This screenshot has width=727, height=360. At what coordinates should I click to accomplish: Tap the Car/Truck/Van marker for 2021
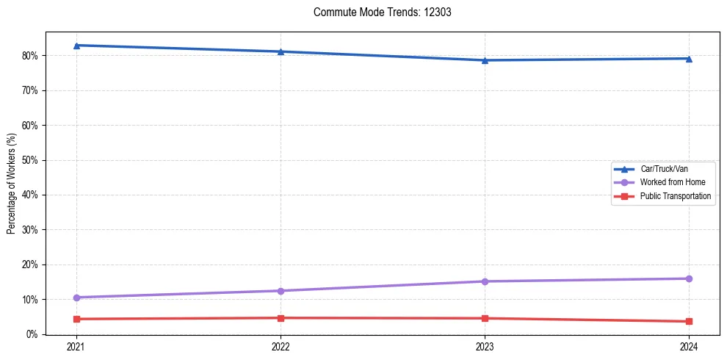(x=76, y=46)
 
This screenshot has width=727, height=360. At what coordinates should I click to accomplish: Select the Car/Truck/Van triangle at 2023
(x=485, y=60)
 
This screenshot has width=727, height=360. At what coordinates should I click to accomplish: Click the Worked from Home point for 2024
(x=689, y=278)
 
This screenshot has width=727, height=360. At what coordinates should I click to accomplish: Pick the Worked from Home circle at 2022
(x=281, y=291)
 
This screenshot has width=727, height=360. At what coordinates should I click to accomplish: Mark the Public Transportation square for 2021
(x=76, y=319)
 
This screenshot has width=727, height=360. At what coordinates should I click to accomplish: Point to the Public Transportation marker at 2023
(x=485, y=318)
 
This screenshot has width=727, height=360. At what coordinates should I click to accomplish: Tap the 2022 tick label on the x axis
(x=281, y=346)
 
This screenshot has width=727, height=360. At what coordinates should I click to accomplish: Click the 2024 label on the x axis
(x=689, y=346)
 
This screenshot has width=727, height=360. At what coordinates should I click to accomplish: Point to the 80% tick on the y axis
(x=32, y=56)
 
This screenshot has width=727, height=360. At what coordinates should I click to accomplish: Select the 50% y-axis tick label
(x=32, y=160)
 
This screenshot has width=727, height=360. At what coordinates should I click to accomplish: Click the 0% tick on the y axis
(x=34, y=334)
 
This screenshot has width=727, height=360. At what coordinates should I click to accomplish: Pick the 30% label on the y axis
(x=32, y=230)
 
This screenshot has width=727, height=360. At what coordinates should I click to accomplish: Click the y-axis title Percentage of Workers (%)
(x=11, y=184)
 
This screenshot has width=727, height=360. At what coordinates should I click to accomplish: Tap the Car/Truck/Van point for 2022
(x=281, y=51)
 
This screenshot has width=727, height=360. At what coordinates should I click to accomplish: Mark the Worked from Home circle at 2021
(x=76, y=298)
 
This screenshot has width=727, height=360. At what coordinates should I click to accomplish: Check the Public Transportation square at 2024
(x=689, y=321)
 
